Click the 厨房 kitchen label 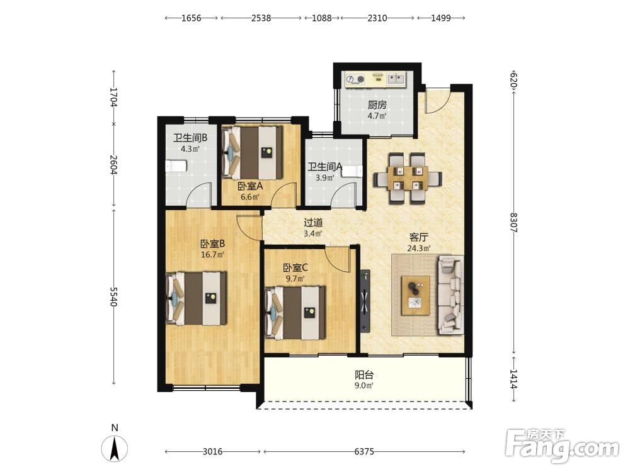377,105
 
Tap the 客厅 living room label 419,237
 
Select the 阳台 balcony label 364,375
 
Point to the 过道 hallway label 313,222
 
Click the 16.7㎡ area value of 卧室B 212,254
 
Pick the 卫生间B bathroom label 190,138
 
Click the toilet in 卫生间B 176,166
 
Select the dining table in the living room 408,178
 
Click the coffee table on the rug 416,295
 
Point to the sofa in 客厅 450,294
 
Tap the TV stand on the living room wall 365,300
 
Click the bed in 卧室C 295,312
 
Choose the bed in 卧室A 253,152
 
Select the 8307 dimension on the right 513,222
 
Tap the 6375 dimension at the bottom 364,451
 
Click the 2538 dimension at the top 261,18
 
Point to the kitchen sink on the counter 396,79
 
